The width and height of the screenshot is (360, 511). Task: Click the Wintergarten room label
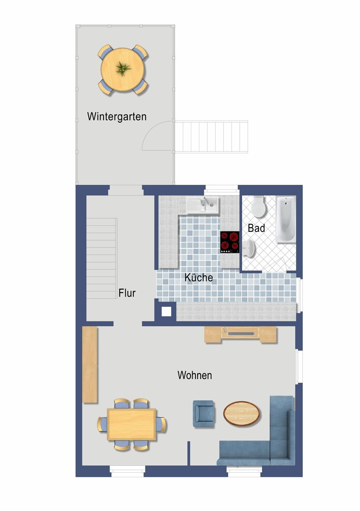(117, 117)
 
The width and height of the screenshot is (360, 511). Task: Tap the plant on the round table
(123, 69)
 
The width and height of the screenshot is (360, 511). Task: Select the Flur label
(127, 293)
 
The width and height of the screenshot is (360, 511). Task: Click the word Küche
(199, 277)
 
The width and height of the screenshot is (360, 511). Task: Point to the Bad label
(256, 228)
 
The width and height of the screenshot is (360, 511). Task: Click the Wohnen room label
(195, 375)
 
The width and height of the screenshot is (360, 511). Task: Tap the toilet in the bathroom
(259, 206)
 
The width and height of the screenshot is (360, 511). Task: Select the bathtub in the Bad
(286, 219)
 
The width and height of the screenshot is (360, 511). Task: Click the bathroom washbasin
(249, 248)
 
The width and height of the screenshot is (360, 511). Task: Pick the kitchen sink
(202, 205)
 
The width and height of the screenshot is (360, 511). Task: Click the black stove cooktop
(230, 242)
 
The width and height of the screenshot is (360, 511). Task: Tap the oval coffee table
(242, 413)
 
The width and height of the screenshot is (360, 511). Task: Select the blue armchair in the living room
(204, 413)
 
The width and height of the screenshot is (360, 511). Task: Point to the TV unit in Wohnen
(240, 335)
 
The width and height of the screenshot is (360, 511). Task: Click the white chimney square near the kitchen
(167, 312)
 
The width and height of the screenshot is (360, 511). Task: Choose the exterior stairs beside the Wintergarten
(211, 137)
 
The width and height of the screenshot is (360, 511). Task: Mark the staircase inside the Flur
(101, 258)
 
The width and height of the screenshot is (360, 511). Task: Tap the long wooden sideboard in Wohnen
(90, 365)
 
